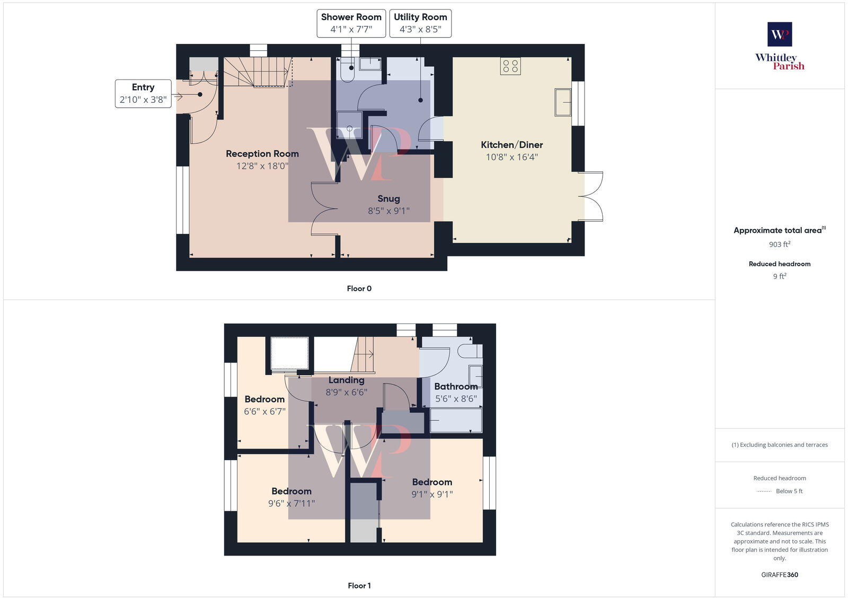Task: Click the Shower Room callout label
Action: [351, 23]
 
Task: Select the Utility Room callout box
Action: [420, 23]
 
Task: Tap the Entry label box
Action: [143, 93]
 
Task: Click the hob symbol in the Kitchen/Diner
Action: [510, 66]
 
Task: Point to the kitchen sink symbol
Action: [563, 102]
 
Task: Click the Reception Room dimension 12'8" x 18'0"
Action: [262, 166]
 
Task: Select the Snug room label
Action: [388, 199]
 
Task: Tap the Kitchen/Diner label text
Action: [511, 145]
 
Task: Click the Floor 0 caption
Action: [359, 288]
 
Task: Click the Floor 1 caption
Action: [359, 585]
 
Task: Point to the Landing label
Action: [346, 380]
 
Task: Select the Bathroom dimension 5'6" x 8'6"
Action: [456, 399]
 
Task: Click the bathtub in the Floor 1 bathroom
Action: [456, 420]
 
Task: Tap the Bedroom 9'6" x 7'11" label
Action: [291, 497]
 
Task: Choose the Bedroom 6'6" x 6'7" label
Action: [264, 405]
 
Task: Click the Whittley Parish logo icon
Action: [780, 34]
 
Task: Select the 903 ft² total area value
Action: [780, 244]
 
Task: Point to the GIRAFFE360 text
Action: [780, 575]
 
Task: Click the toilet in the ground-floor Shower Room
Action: [348, 73]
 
